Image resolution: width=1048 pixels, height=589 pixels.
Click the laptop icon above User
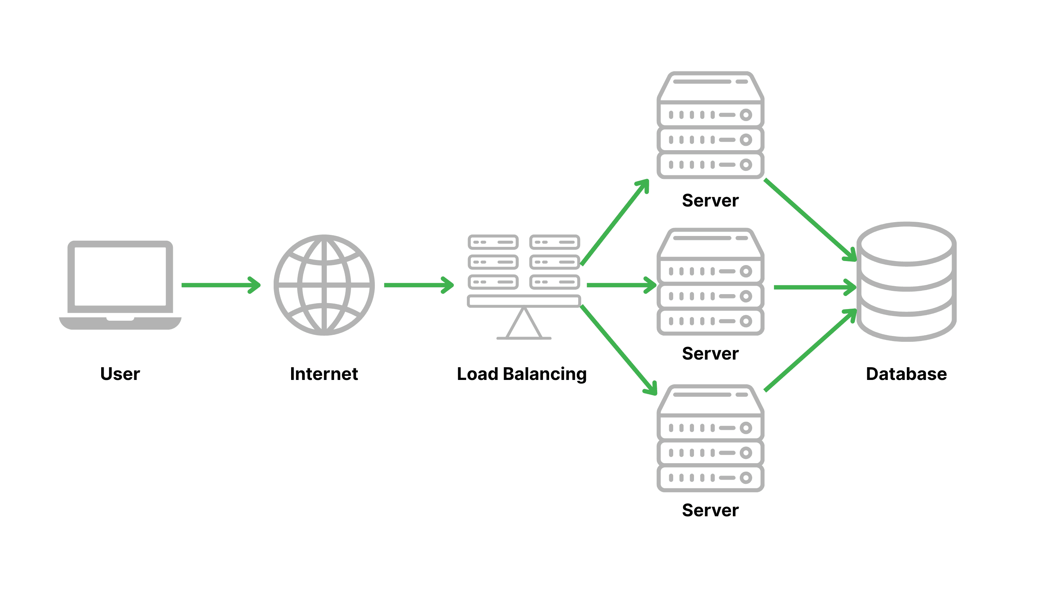tap(120, 285)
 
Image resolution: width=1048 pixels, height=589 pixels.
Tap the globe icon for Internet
tap(324, 285)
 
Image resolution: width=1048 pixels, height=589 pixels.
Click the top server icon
tap(710, 125)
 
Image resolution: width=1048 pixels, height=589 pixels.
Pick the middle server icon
tap(710, 282)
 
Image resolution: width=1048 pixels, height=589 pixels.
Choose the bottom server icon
tap(710, 438)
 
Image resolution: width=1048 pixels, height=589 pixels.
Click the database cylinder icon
tap(906, 281)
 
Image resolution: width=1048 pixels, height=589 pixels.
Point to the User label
tap(120, 373)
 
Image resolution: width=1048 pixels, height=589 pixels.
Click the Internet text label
tap(324, 373)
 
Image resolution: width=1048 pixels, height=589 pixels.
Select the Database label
tap(906, 373)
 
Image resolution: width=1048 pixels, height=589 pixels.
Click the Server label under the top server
tap(710, 200)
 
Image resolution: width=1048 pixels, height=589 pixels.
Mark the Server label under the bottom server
tap(710, 510)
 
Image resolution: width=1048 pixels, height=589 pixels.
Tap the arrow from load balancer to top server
tap(614, 223)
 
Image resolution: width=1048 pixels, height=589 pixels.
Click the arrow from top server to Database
tap(810, 220)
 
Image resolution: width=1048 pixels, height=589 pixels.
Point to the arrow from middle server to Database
tap(814, 287)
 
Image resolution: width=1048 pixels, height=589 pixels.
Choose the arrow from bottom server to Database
tap(810, 350)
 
